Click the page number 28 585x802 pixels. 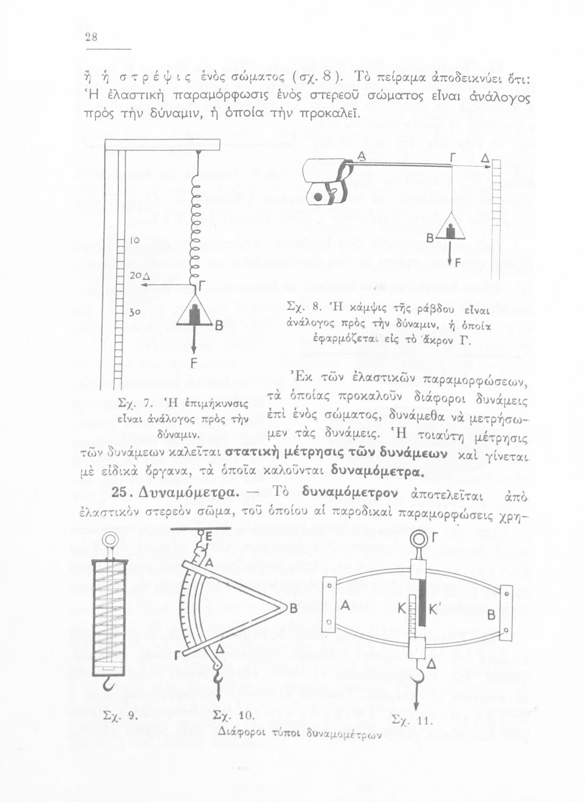pyautogui.click(x=90, y=37)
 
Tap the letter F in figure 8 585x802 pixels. pyautogui.click(x=458, y=261)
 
